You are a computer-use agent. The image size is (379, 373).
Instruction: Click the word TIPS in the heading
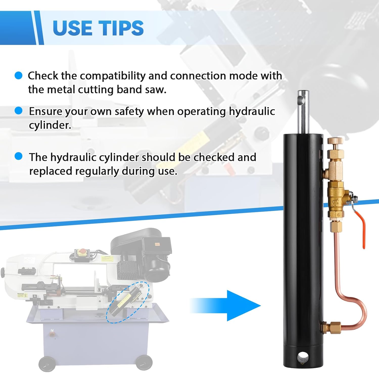click(121, 28)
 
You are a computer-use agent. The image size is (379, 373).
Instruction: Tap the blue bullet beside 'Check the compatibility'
click(18, 75)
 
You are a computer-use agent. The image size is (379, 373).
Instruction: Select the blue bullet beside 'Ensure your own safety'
click(18, 111)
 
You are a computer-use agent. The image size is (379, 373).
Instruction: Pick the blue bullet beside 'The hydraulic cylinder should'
click(18, 156)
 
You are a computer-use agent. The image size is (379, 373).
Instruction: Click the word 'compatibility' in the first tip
click(113, 76)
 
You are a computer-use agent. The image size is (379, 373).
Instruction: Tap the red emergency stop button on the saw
click(82, 251)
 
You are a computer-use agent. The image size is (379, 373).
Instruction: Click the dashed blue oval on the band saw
click(128, 302)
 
